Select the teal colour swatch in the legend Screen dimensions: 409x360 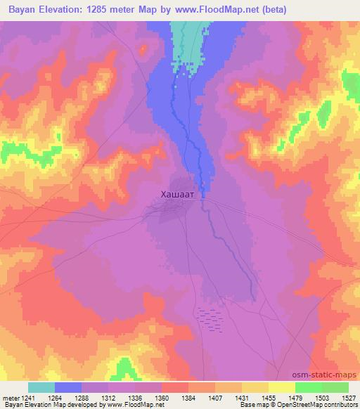tap(41, 387)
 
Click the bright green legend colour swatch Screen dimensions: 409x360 tap(309, 387)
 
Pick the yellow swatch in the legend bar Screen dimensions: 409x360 tap(281, 387)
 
